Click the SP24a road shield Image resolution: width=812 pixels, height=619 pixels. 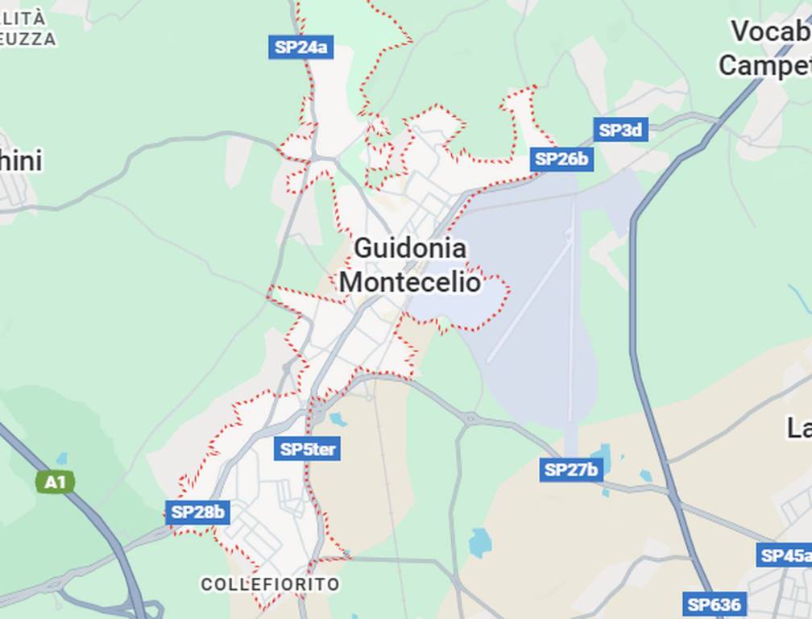[300, 48]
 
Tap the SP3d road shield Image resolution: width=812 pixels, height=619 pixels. [621, 130]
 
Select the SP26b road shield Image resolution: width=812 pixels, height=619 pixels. [561, 159]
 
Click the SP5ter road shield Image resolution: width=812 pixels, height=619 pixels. [307, 449]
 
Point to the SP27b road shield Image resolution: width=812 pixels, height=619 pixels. [571, 469]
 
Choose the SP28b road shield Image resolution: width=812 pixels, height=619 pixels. [198, 512]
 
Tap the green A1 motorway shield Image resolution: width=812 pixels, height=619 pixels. [55, 482]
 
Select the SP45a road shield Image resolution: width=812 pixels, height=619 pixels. [785, 555]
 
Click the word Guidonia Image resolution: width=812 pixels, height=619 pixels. [409, 248]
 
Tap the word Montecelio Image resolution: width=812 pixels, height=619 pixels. [409, 283]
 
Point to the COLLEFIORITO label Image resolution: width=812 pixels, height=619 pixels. [270, 584]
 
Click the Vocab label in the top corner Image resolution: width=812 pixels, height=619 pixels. [770, 32]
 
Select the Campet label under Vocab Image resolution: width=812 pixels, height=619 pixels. [764, 65]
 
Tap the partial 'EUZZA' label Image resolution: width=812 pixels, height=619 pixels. [28, 39]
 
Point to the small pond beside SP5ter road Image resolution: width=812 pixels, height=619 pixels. [338, 419]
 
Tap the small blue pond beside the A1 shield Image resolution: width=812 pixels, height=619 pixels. [62, 459]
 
